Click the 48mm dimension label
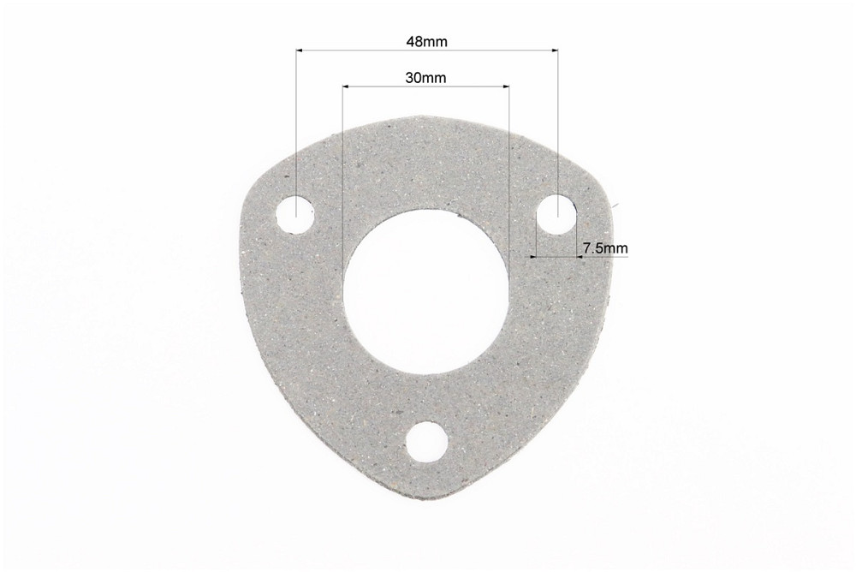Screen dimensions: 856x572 point(427,41)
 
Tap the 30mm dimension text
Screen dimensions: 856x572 point(425,78)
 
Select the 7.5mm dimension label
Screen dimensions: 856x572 point(605,248)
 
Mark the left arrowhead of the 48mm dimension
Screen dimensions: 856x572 point(300,51)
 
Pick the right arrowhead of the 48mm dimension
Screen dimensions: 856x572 point(554,51)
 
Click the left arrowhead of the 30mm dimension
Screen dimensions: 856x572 point(346,86)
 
